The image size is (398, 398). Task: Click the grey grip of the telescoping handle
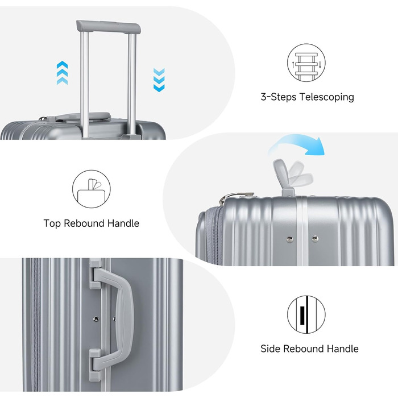pos(109,27)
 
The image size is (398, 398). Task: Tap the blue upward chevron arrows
pos(62,73)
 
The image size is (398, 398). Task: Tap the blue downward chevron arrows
pos(159,80)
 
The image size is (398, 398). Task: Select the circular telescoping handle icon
pos(306,63)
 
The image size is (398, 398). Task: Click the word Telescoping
pos(327,97)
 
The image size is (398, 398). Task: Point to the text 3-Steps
pos(279,97)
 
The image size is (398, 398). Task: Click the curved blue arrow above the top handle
pos(297,144)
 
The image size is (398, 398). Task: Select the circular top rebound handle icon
pos(92,189)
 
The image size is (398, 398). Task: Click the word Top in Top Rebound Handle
pos(52,223)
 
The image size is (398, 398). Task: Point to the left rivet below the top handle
pos(289,239)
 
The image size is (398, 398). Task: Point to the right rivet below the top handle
pos(315,238)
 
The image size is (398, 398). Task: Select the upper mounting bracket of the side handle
pos(96,273)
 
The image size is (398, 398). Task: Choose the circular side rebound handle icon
pos(306,314)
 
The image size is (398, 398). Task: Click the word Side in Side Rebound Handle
pos(270,349)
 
